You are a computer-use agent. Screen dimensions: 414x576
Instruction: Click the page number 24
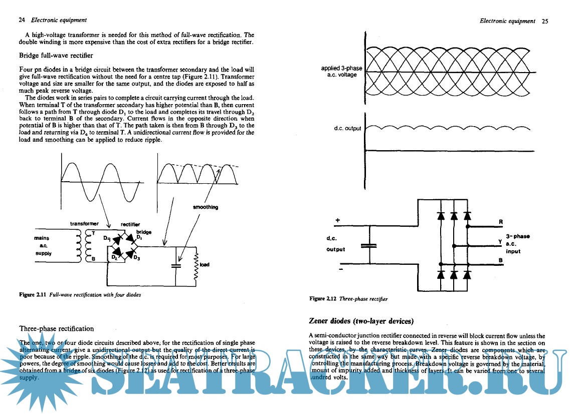click(22, 21)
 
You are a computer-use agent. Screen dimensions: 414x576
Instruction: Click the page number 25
click(545, 21)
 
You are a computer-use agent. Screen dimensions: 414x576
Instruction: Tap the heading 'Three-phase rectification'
click(56, 328)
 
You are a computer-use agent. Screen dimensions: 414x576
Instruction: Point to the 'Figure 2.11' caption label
click(33, 295)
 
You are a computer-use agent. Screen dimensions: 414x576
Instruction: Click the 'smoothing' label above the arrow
click(206, 207)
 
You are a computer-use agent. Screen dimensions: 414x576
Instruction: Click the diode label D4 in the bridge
click(107, 239)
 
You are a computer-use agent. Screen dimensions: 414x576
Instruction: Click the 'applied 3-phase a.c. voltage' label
click(341, 72)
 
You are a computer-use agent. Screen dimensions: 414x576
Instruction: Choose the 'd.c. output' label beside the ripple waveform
click(347, 129)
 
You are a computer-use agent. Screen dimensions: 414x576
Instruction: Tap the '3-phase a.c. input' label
click(517, 243)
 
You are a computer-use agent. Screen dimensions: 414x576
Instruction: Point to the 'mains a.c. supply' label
click(44, 246)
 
